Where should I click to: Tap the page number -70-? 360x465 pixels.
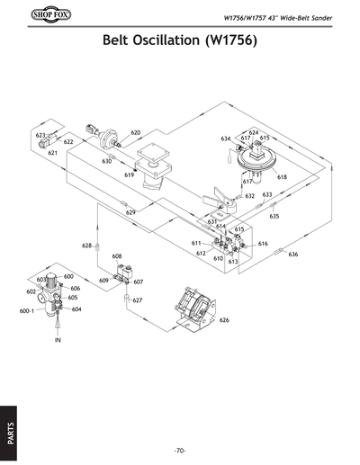(x=180, y=450)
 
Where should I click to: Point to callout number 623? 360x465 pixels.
(x=40, y=135)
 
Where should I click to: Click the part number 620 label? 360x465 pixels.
(x=136, y=132)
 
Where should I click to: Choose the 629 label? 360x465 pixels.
(x=130, y=212)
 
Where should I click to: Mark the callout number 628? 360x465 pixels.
(x=87, y=245)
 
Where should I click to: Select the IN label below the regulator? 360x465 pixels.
(x=57, y=342)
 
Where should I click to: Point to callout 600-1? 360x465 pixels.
(x=26, y=311)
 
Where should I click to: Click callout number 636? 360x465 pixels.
(x=292, y=255)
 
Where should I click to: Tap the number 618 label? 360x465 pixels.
(x=282, y=177)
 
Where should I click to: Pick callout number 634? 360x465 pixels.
(x=225, y=139)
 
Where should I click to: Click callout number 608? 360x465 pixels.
(x=117, y=256)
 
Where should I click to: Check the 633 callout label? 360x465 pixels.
(x=266, y=194)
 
